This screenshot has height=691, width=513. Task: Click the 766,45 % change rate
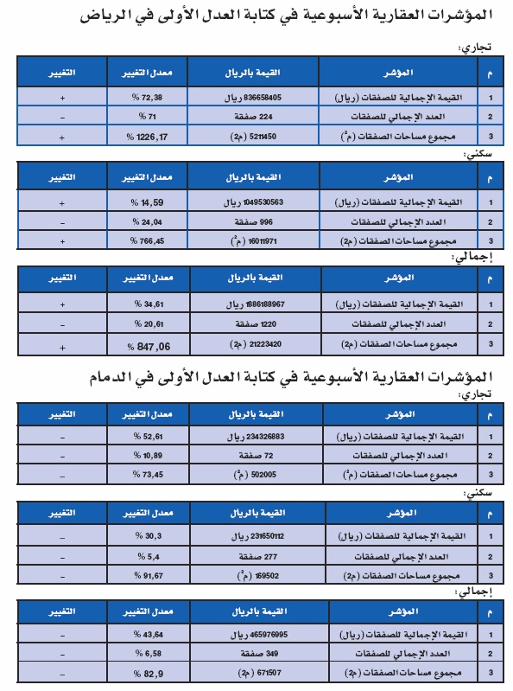[x=148, y=241]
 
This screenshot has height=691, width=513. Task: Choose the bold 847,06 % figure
[x=148, y=345]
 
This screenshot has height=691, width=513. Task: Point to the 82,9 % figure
[x=148, y=672]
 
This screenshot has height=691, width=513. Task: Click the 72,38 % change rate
[x=148, y=99]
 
